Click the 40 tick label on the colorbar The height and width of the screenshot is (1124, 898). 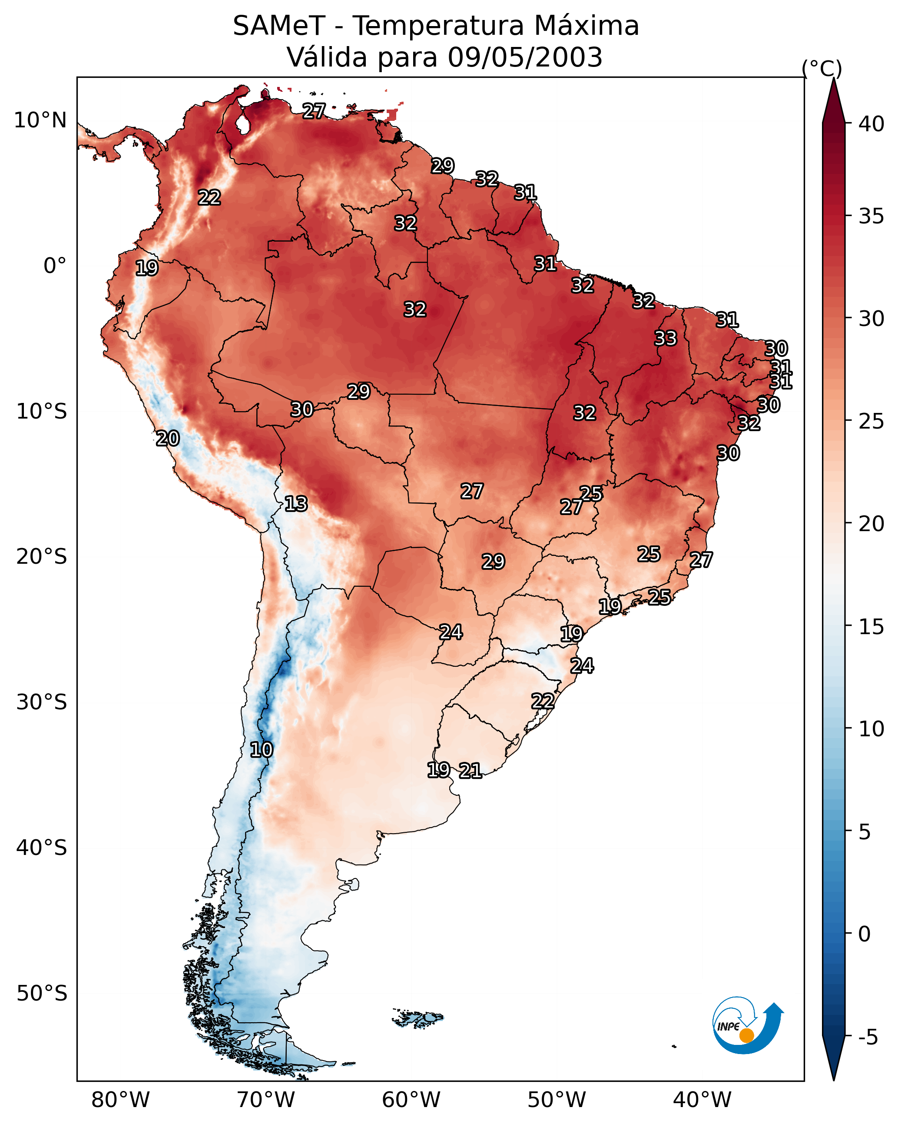coord(871,124)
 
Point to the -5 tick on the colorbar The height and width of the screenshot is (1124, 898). coord(868,1038)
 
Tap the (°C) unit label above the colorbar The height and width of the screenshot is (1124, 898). coord(822,68)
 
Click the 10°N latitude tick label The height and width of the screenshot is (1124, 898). coord(40,120)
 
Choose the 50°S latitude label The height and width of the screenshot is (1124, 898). coord(42,994)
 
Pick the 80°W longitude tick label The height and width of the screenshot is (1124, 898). coord(120,1100)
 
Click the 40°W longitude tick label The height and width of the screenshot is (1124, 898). coord(702,1100)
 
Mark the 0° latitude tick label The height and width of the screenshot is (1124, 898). coord(55,266)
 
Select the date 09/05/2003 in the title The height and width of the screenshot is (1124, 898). coord(525,57)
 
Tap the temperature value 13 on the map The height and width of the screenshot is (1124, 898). coord(296,504)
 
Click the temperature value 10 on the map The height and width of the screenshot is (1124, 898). coord(261,750)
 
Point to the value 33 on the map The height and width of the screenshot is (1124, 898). coord(666,338)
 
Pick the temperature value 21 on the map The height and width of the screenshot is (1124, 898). coord(470,771)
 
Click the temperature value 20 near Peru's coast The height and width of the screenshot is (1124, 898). coord(168,439)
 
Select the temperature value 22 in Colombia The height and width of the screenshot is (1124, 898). coord(209,198)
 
